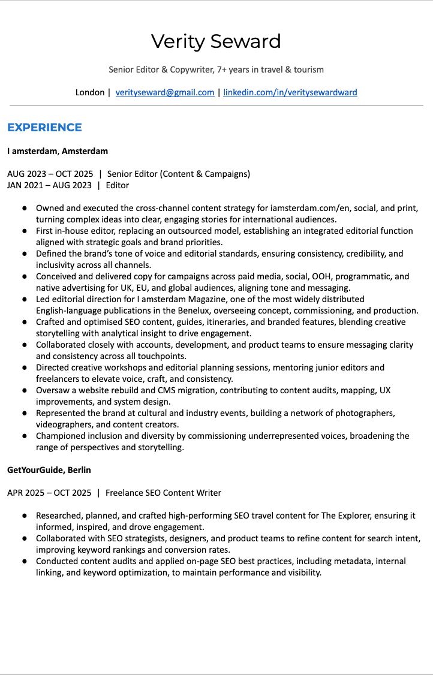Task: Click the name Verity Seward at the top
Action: pyautogui.click(x=216, y=41)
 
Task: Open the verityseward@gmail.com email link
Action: pyautogui.click(x=165, y=92)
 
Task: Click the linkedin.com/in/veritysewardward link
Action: pyautogui.click(x=290, y=92)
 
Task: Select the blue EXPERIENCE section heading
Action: pyautogui.click(x=44, y=127)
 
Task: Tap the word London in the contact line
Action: pyautogui.click(x=89, y=92)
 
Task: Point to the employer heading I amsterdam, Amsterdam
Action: pyautogui.click(x=58, y=151)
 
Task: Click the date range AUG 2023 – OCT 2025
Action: pyautogui.click(x=50, y=174)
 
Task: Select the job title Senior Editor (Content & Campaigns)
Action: pyautogui.click(x=179, y=174)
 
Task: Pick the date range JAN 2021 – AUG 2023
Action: pyautogui.click(x=49, y=185)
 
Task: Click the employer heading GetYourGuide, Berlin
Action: pyautogui.click(x=49, y=470)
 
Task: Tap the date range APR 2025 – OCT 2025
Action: pyautogui.click(x=49, y=493)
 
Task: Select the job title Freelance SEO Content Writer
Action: pyautogui.click(x=163, y=493)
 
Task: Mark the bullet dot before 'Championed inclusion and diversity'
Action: pyautogui.click(x=25, y=436)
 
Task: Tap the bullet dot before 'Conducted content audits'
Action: pyautogui.click(x=25, y=561)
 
